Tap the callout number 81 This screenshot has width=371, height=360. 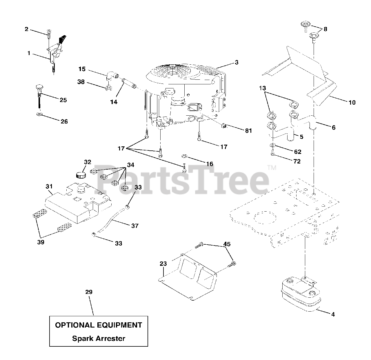[248, 131]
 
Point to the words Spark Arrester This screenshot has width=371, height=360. [99, 338]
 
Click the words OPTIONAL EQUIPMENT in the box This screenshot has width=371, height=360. [99, 325]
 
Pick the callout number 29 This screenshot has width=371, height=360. [89, 292]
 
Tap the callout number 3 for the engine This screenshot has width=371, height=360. [237, 62]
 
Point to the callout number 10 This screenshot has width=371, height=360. [352, 102]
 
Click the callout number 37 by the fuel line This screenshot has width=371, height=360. [135, 226]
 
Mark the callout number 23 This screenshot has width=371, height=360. [163, 264]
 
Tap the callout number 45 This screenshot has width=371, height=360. [227, 244]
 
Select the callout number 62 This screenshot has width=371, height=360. [297, 152]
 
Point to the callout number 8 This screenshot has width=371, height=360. [325, 29]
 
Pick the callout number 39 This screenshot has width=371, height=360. [41, 242]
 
